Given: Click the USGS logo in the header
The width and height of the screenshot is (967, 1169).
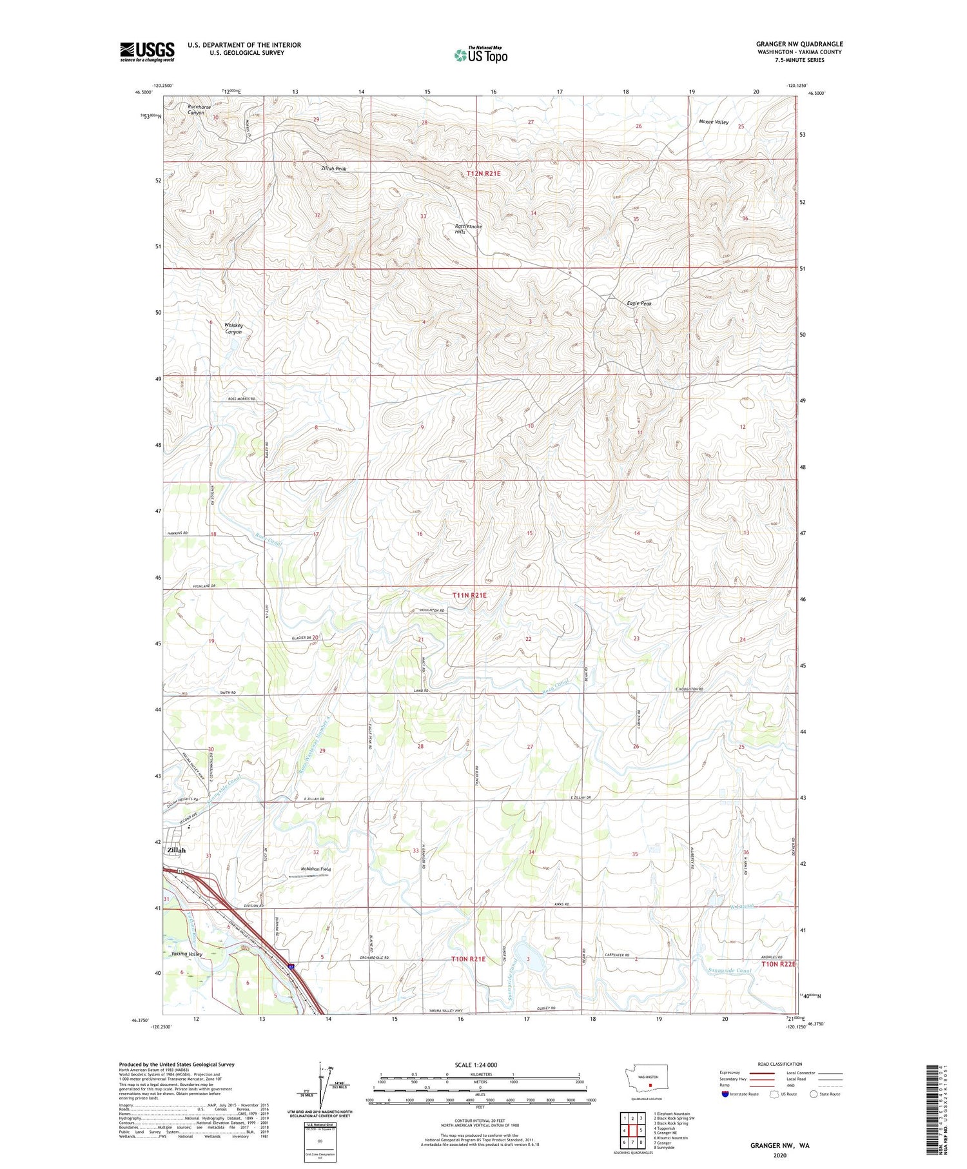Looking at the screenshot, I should (x=147, y=52).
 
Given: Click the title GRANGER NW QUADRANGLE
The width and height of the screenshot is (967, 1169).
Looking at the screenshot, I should (x=799, y=44).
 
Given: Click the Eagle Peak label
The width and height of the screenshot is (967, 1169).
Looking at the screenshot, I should (x=639, y=304).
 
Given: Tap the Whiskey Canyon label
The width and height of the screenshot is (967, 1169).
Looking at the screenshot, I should (x=233, y=329).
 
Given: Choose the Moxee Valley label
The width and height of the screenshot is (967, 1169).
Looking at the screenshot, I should (x=713, y=122).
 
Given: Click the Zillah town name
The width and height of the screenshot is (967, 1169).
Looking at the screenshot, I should (x=177, y=850).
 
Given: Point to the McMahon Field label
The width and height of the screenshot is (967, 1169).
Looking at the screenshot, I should (x=315, y=869).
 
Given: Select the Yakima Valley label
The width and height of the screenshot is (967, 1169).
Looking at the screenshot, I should (x=187, y=954).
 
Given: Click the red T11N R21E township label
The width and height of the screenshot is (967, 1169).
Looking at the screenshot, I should (x=469, y=595).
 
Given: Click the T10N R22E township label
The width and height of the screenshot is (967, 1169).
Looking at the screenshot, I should (x=779, y=964).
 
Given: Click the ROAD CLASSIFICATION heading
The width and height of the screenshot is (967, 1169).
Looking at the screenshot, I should (x=780, y=1064).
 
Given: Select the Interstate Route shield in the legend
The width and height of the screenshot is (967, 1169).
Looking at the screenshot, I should (x=725, y=1094).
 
